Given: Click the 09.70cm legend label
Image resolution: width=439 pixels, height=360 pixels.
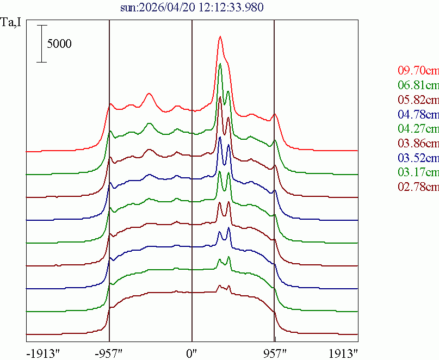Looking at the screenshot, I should (418, 70).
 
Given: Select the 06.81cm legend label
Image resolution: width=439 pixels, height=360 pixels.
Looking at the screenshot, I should (418, 85).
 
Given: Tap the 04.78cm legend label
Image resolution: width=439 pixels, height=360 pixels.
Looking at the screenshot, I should (418, 114).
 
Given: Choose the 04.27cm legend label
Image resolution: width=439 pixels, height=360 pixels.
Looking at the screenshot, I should (418, 129).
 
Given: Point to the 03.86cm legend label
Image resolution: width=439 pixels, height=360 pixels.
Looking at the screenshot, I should (418, 144).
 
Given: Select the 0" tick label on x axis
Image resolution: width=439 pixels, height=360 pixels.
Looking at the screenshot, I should (192, 352).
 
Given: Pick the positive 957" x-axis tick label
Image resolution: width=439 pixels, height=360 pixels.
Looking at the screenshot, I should (274, 352).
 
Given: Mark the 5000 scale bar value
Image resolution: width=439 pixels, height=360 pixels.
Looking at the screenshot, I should (59, 44).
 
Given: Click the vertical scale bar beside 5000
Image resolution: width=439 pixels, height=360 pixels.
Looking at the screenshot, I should (42, 44).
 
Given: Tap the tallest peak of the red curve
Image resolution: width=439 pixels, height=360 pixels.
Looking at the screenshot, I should (220, 37).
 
